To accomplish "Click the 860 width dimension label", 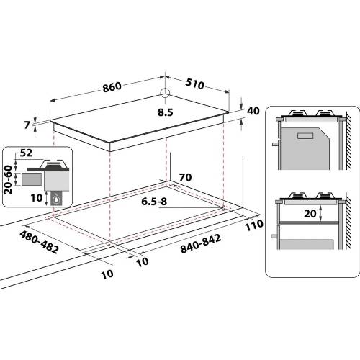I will tap(112, 87).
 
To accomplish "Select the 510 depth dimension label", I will tap(194, 84).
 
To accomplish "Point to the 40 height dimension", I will tap(252, 112).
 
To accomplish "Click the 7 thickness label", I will tap(27, 125).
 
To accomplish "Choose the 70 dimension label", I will tap(186, 176).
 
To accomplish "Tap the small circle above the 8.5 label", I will tap(165, 92).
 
